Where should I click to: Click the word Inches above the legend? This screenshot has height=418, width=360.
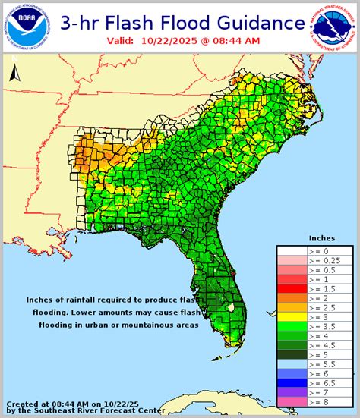point(321,237)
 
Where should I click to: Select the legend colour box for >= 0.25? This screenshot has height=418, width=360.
point(292,260)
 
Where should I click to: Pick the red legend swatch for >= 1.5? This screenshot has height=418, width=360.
point(292,289)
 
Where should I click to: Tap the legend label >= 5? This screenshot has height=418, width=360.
point(319,353)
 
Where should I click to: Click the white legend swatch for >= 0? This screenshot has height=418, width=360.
point(292,250)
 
